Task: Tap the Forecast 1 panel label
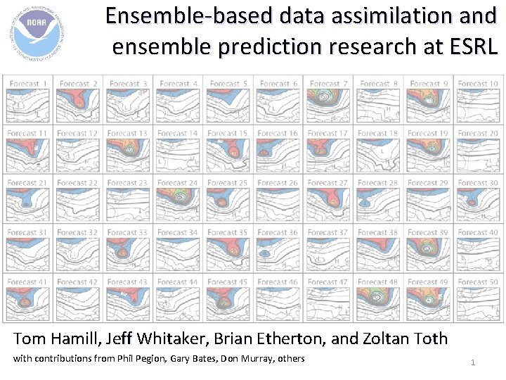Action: tap(29, 84)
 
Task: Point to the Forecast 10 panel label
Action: tap(478, 84)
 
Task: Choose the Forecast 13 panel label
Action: tap(128, 134)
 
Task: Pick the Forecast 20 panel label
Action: tap(478, 134)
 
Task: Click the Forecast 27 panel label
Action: tap(328, 183)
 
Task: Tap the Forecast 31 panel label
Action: tap(27, 233)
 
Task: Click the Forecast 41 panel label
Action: tap(27, 282)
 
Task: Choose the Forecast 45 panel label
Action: tap(228, 282)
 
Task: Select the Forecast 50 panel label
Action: tap(478, 282)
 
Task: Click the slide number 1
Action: tap(473, 362)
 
